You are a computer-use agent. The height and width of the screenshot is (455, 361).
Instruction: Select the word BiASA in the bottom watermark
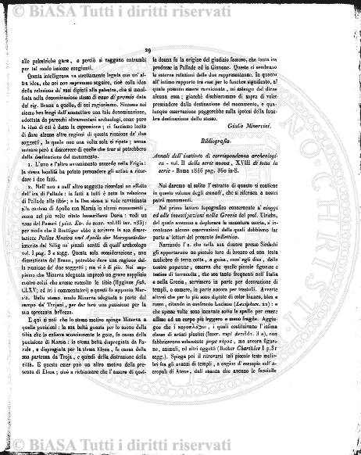[59, 443]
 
